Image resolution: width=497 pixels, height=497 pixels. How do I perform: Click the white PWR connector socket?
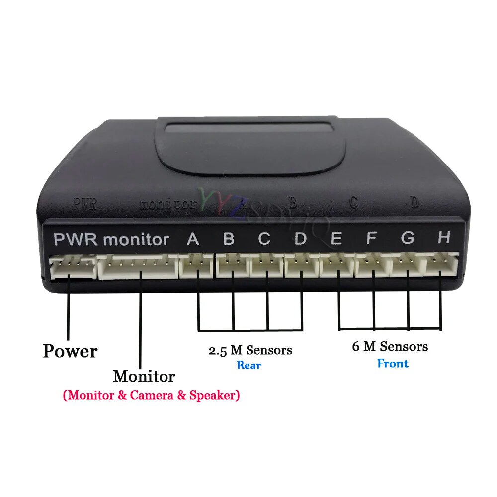[73, 267]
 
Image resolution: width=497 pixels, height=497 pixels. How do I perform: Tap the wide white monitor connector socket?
[138, 267]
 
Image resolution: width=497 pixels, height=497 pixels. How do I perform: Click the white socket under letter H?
[441, 265]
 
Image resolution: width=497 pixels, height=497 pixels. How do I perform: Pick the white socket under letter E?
[336, 266]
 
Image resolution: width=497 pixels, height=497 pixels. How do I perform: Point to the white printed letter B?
[229, 239]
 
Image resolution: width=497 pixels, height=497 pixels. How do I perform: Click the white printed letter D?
[301, 239]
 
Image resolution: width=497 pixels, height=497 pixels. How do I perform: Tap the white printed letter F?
[371, 239]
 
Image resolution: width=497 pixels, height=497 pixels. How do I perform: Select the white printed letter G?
[408, 238]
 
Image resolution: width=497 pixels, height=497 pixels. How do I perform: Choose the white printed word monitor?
[136, 240]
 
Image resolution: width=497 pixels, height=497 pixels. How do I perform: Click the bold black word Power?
[70, 351]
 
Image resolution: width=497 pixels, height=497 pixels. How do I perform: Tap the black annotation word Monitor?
[144, 376]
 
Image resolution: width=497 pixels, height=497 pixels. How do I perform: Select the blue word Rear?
[249, 366]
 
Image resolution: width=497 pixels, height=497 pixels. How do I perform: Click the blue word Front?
[393, 363]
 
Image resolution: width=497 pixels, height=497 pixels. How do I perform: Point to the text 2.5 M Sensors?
[250, 350]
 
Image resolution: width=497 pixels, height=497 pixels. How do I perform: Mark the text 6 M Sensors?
[390, 346]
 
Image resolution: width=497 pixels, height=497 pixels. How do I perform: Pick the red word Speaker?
[213, 396]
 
